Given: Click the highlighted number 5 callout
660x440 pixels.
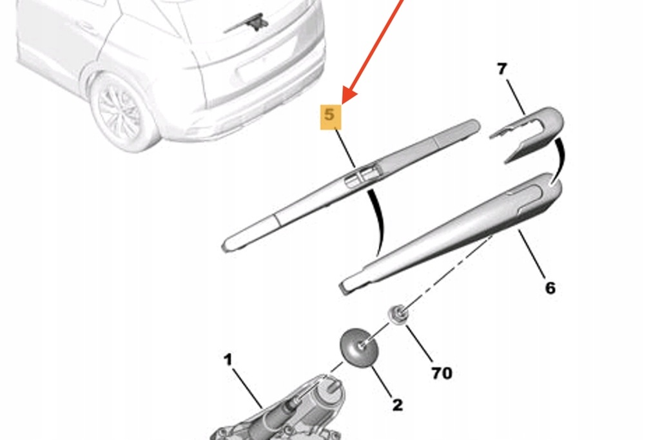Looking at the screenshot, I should (330, 116).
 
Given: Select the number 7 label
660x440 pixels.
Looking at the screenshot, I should (502, 69).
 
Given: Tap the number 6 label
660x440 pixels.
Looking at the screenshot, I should (550, 287).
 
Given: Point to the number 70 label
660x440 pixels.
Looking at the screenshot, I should (442, 372).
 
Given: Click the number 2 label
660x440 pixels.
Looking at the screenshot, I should (397, 405).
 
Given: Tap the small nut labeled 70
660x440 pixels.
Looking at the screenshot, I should (398, 315).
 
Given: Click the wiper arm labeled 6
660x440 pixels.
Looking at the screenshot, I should (451, 232).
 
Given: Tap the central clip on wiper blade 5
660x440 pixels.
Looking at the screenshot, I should (361, 175).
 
